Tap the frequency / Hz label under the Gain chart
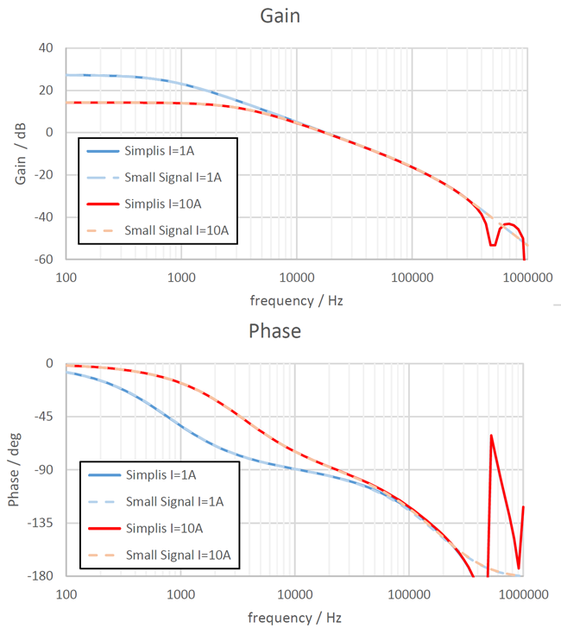pyautogui.click(x=296, y=301)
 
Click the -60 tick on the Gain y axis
pyautogui.click(x=43, y=260)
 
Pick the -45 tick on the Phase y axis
pyautogui.click(x=43, y=417)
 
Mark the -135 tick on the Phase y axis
pyautogui.click(x=40, y=523)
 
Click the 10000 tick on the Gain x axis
pyautogui.click(x=296, y=279)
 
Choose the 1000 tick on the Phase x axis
pyautogui.click(x=181, y=594)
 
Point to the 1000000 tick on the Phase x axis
pyautogui.click(x=523, y=594)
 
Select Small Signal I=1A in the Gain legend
pyautogui.click(x=173, y=177)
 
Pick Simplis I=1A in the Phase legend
pyautogui.click(x=161, y=474)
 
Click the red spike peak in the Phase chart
pyautogui.click(x=491, y=436)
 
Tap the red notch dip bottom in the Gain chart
pyautogui.click(x=492, y=245)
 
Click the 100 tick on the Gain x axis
pyautogui.click(x=66, y=279)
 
